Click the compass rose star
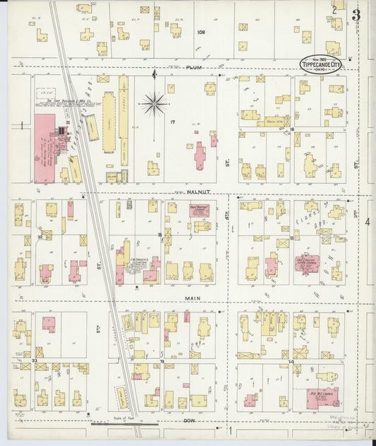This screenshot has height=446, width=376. point(154,105)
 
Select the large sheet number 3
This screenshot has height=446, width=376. point(357,15)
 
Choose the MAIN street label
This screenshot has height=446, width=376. point(193,298)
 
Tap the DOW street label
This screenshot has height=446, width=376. point(190,421)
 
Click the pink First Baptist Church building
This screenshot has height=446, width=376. point(200,210)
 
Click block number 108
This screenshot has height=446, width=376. point(201,32)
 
